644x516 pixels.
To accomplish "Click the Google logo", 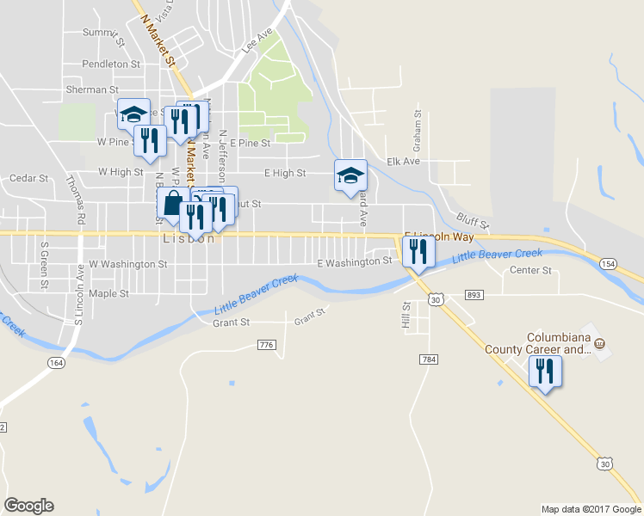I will [28, 506].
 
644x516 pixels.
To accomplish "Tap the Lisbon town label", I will [189, 239].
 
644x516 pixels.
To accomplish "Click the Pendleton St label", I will [111, 64].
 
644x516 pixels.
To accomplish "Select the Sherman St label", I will [92, 89].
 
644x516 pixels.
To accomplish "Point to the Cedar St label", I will [29, 178].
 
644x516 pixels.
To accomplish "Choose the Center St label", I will [530, 270].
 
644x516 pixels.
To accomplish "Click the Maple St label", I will [108, 293].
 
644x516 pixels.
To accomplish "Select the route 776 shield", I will [265, 345].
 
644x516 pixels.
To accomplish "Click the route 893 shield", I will [474, 295].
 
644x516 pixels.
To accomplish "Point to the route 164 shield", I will [56, 364].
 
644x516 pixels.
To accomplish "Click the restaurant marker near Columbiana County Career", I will [544, 372].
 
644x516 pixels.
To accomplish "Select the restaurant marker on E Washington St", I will [418, 251].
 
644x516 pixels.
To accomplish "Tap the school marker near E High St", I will [350, 175].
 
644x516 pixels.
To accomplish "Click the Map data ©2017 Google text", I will [591, 508].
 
